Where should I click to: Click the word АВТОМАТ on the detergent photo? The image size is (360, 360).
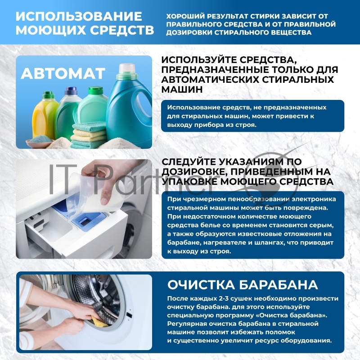tap(63, 73)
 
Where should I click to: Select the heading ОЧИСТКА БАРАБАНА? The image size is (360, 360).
tap(243, 285)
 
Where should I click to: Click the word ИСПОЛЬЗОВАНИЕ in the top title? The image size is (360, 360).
tap(79, 17)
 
